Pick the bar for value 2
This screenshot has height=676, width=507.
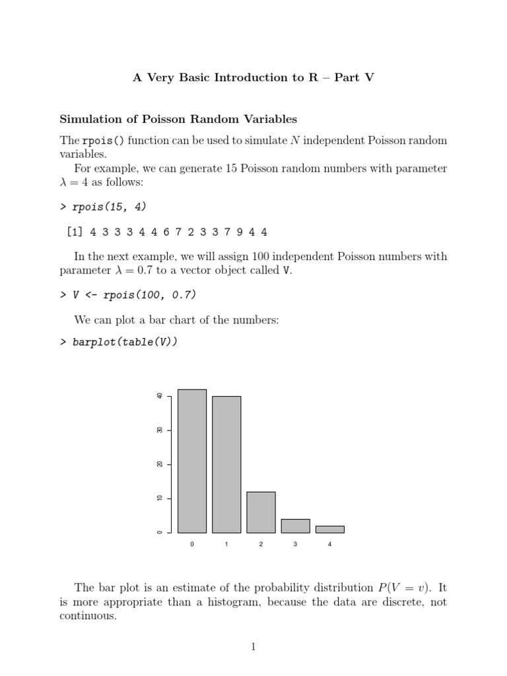[261, 512]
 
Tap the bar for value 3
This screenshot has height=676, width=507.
[295, 525]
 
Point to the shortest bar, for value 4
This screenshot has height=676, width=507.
[329, 529]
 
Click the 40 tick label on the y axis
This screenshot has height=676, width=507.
[160, 396]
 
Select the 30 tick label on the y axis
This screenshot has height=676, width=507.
[160, 430]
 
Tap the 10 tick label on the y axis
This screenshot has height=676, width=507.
[160, 498]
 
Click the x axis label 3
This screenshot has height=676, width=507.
[295, 544]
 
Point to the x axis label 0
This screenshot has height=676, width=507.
[192, 544]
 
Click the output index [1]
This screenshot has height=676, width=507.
[75, 232]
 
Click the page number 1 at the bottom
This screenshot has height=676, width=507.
[253, 647]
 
